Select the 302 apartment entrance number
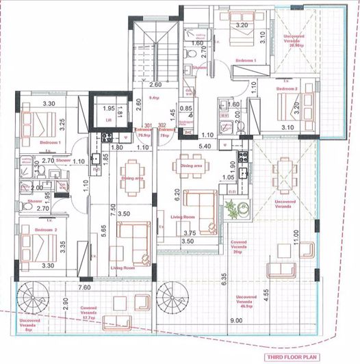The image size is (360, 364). tap(163, 125)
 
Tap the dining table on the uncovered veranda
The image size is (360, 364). tap(284, 166)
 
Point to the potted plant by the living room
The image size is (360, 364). tap(234, 210)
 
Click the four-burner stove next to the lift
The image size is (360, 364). tap(106, 136)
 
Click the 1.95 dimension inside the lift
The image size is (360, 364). tap(108, 108)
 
